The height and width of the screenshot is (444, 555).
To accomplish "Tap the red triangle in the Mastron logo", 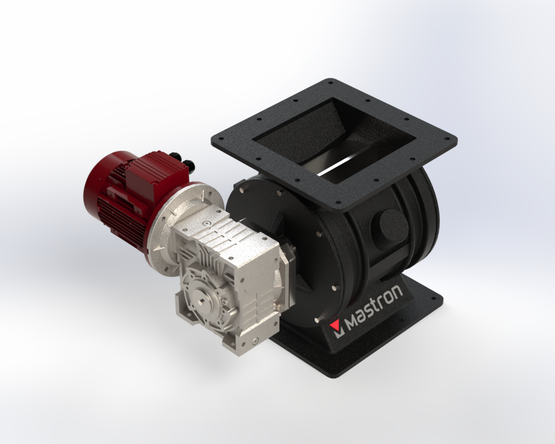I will (336, 326).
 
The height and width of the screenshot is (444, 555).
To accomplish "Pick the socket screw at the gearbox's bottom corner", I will (254, 340).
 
